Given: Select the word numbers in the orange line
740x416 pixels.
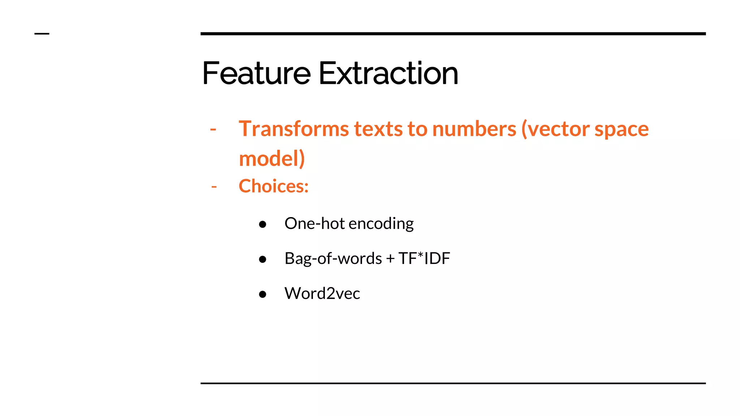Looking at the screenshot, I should pos(474,129).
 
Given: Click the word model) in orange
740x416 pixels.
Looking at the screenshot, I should pos(272,159).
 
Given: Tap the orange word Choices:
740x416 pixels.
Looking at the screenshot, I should pos(274,186).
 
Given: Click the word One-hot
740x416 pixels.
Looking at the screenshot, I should pos(314,224).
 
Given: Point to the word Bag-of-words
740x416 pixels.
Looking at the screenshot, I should pos(333,259).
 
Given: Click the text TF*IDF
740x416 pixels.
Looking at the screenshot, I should pos(424,259).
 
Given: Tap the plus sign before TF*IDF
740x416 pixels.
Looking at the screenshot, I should pos(390,259).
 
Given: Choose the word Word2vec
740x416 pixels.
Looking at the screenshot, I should pos(322,293).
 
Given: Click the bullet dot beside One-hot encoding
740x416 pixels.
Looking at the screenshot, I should pos(263,225).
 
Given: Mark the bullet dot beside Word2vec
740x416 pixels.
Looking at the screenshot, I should pos(263,294).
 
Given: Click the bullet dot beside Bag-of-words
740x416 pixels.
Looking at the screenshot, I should pos(263,259).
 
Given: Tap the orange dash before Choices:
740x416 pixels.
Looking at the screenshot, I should pos(214,187).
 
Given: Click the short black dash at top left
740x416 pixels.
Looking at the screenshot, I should pos(42,34).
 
